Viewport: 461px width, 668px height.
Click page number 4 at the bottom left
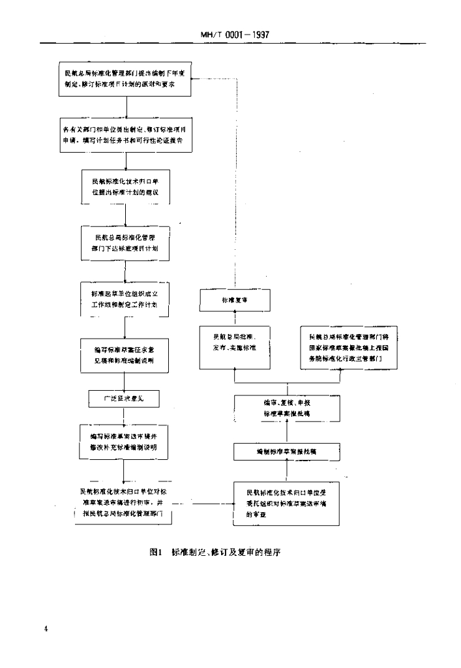click(x=46, y=628)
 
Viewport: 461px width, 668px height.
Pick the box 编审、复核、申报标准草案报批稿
click(x=288, y=409)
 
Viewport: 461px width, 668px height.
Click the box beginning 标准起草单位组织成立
click(x=124, y=299)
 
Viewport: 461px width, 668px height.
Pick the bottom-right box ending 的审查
click(x=287, y=503)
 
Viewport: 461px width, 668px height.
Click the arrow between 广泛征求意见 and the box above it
click(x=123, y=381)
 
